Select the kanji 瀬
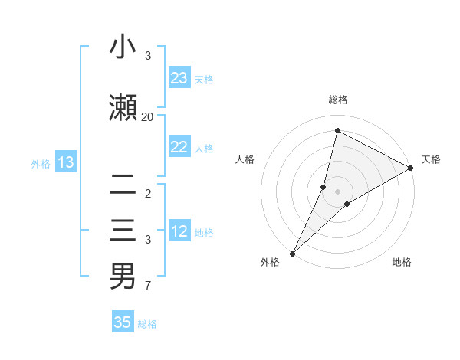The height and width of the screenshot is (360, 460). [x=123, y=108]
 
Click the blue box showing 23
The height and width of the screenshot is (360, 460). [x=179, y=77]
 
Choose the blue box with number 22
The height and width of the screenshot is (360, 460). [x=179, y=147]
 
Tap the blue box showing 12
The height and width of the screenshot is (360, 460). [x=179, y=231]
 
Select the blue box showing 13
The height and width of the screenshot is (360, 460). [x=65, y=162]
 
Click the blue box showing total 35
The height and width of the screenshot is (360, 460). [x=123, y=322]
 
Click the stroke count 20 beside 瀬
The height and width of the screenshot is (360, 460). [x=147, y=116]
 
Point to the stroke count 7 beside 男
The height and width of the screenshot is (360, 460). [x=147, y=286]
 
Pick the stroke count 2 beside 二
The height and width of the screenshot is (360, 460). [x=147, y=193]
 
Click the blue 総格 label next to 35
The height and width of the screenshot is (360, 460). [x=147, y=324]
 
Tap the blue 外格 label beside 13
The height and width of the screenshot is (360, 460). [x=41, y=162]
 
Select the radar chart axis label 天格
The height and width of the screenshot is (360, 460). [x=431, y=159]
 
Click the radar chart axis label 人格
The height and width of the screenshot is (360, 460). [x=245, y=159]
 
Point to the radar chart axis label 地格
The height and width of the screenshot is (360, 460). [x=402, y=262]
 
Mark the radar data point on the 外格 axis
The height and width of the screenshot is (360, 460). [x=292, y=253]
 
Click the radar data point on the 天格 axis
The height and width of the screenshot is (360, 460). [x=411, y=168]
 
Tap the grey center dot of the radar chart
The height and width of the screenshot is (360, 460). [x=337, y=191]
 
